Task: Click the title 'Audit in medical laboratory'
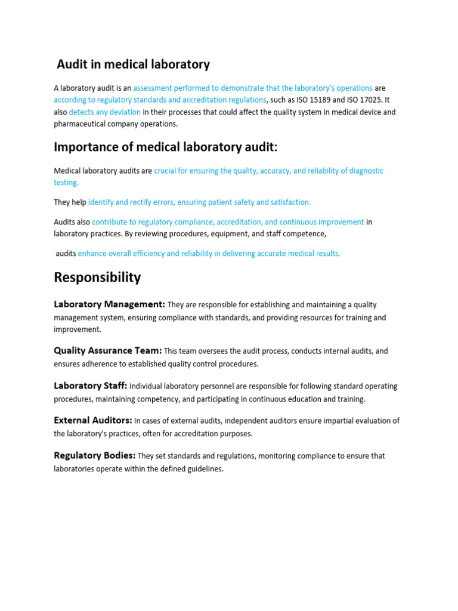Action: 133,64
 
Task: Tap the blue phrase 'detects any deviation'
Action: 105,112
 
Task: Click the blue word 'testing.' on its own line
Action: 66,183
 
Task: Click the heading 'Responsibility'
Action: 97,277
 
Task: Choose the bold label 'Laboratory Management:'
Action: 109,305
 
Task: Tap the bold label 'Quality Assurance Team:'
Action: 108,351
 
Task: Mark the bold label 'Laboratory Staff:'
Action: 91,386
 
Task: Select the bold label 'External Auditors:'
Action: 93,421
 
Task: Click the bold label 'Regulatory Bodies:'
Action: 95,456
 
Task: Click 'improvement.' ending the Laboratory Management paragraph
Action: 78,329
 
